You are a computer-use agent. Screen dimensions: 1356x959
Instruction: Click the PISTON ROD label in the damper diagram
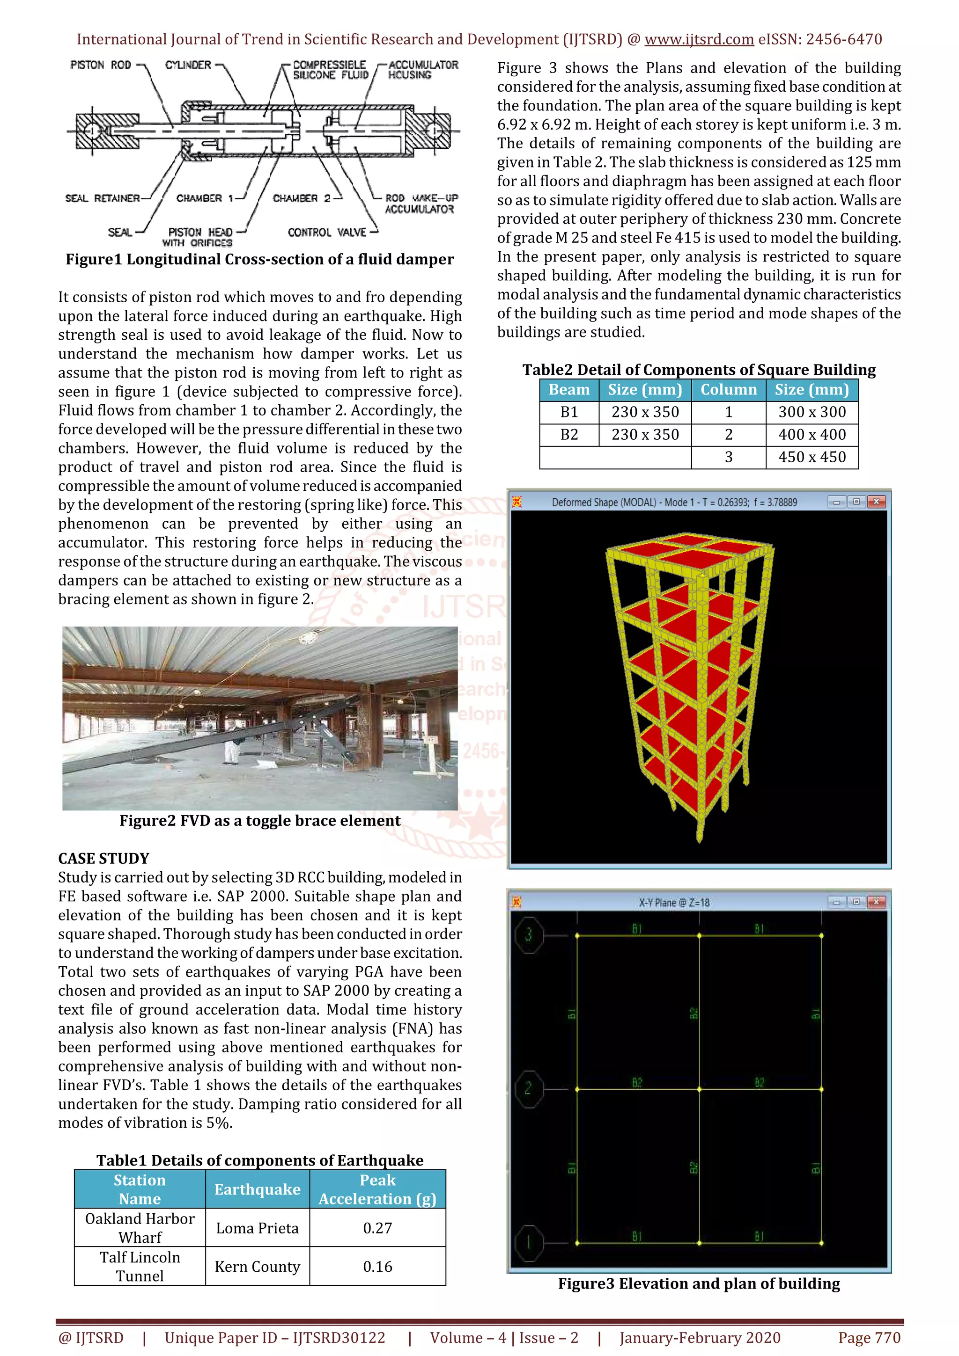click(x=101, y=65)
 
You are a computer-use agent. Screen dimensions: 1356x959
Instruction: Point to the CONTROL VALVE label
click(x=327, y=232)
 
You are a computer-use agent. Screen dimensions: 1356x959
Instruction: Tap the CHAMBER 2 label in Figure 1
click(x=302, y=198)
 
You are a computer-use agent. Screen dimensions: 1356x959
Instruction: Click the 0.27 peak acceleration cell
click(x=377, y=1228)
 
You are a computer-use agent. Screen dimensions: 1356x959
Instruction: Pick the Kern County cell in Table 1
click(x=257, y=1266)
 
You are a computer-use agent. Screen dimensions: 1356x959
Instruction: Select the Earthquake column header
click(x=257, y=1189)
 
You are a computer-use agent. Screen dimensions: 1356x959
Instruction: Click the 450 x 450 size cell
click(x=811, y=457)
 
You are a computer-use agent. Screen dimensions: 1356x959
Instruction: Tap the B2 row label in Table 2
click(x=569, y=435)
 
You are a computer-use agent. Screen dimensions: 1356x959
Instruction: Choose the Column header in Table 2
click(x=728, y=390)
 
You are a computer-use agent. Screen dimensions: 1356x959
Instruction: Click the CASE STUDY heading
click(x=103, y=858)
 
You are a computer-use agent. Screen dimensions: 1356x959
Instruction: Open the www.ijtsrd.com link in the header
click(x=699, y=40)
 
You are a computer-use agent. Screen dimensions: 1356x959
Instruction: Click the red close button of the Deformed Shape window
click(x=876, y=502)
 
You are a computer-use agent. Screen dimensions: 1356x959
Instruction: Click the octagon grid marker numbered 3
click(x=528, y=934)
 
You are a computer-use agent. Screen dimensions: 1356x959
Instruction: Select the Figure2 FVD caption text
click(x=259, y=821)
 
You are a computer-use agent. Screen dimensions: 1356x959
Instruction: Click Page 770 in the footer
click(x=869, y=1338)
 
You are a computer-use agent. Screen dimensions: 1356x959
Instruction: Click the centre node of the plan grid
click(x=699, y=1089)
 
